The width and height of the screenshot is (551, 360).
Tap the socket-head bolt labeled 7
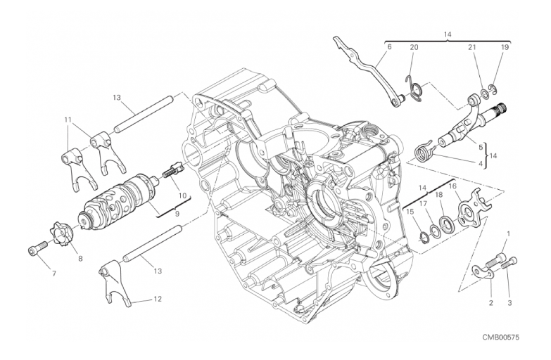tap(37, 247)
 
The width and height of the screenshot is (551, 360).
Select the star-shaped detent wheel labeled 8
tap(62, 233)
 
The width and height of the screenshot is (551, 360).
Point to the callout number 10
tap(182, 195)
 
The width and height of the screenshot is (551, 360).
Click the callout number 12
tap(158, 299)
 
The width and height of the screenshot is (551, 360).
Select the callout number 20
tap(414, 47)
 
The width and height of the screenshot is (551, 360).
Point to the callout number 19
tap(505, 47)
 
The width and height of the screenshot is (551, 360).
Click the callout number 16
tap(452, 186)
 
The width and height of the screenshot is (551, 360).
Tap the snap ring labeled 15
tap(424, 237)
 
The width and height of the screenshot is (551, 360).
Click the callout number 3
tap(509, 303)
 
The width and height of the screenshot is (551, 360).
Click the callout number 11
tap(68, 120)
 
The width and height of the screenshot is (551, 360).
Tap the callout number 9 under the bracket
tap(177, 212)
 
